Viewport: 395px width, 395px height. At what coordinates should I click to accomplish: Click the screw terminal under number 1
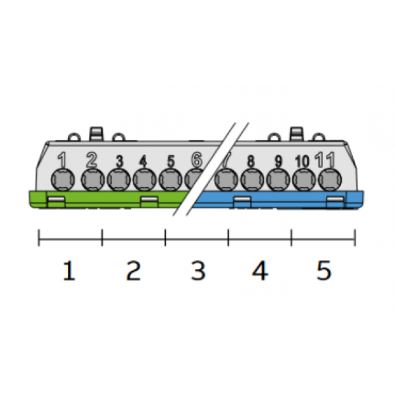click(63, 180)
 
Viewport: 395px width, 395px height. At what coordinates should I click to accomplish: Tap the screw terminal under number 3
click(119, 180)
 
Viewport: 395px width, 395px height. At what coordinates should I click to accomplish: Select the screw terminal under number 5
click(171, 180)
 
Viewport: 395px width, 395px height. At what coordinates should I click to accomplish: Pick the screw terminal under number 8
click(252, 180)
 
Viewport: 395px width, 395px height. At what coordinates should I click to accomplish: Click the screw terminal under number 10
click(304, 180)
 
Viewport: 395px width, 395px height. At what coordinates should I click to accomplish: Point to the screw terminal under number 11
click(330, 180)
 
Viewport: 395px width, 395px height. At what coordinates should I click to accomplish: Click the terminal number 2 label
click(92, 160)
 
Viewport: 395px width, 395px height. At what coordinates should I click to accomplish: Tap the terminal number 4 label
click(143, 161)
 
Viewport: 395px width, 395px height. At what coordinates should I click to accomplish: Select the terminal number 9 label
click(278, 161)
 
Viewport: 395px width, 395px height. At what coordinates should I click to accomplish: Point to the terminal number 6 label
click(197, 160)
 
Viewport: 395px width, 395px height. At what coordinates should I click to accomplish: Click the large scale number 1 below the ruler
click(69, 271)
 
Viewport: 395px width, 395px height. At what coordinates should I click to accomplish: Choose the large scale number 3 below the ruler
click(198, 271)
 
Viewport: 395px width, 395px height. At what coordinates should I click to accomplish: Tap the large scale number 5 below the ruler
click(324, 271)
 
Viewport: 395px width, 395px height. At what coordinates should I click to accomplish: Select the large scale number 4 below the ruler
click(260, 271)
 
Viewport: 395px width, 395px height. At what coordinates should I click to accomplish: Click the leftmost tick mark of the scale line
click(39, 238)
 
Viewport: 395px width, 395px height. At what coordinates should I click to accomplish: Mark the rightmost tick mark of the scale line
click(355, 238)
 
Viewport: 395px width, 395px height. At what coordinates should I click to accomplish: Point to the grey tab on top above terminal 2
click(96, 133)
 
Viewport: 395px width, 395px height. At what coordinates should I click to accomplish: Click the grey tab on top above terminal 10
click(297, 133)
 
